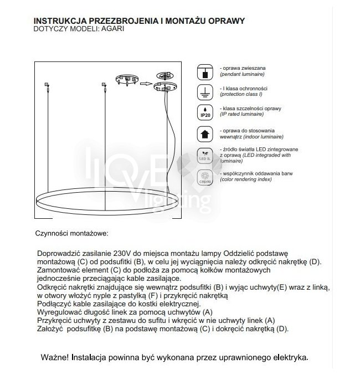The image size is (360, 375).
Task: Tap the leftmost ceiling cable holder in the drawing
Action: (47, 85)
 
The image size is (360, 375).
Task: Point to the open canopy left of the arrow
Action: (126, 80)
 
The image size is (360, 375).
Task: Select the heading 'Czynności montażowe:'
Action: (71, 234)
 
